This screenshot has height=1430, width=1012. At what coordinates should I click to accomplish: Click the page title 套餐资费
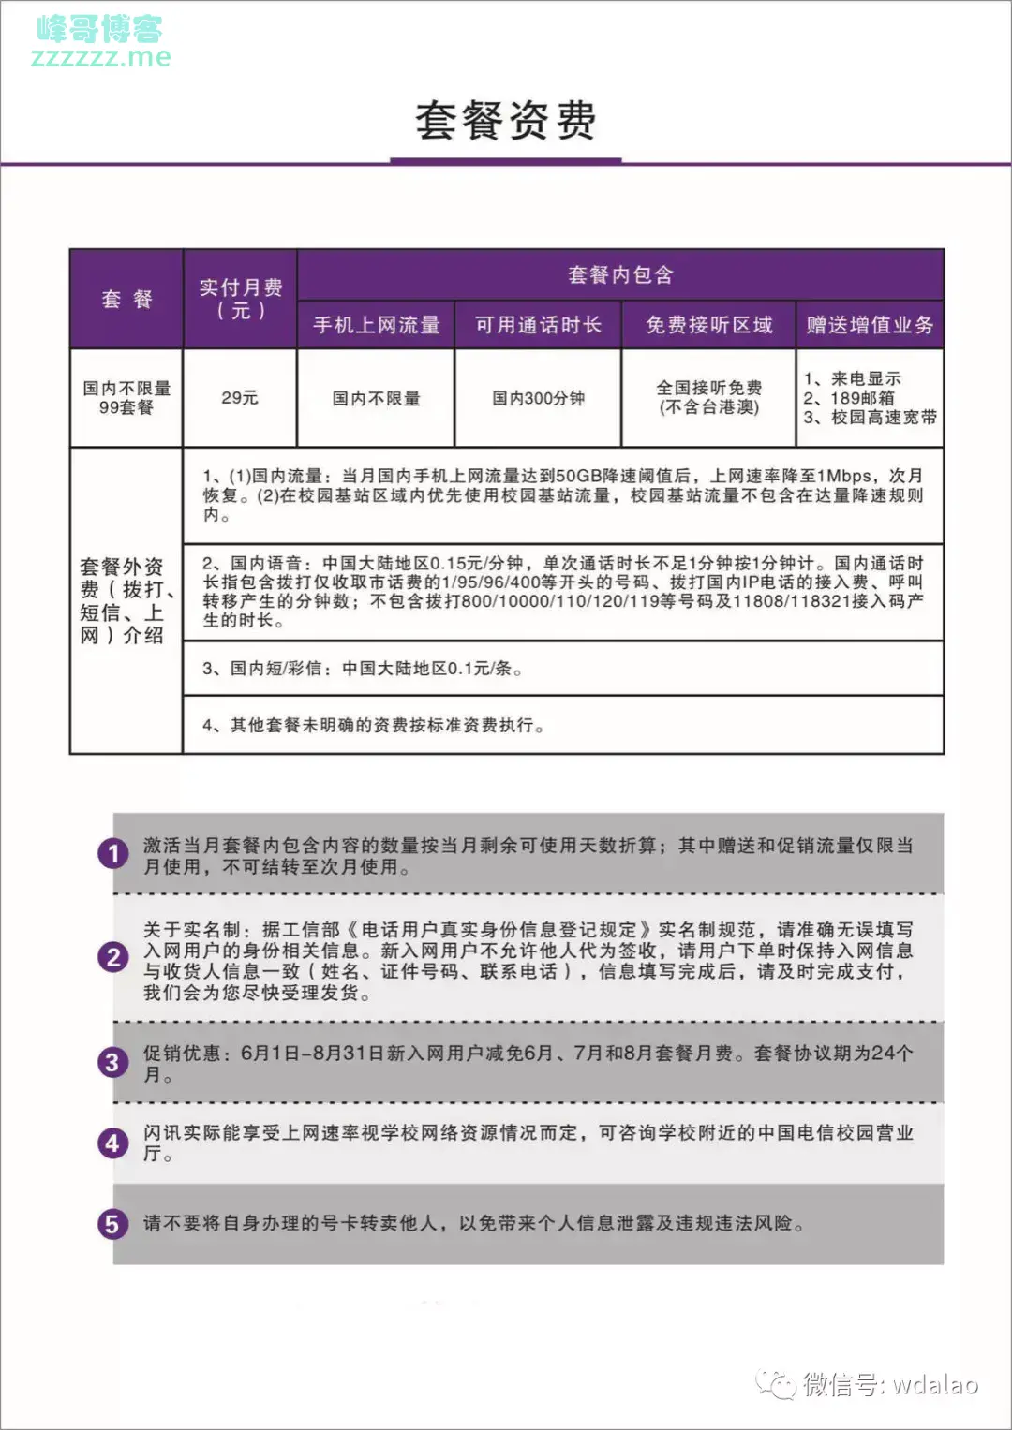tap(505, 121)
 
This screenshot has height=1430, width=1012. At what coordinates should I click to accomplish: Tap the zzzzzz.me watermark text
tap(101, 57)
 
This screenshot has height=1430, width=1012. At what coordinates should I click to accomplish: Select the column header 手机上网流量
tap(376, 325)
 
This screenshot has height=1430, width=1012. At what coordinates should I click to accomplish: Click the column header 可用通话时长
tap(538, 325)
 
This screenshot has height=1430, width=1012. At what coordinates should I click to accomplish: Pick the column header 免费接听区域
tap(708, 325)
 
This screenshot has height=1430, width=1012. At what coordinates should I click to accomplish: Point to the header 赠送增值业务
tap(870, 325)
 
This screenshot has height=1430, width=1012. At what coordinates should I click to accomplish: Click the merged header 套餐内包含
tap(620, 274)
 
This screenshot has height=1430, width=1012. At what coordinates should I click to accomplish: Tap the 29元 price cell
tap(240, 398)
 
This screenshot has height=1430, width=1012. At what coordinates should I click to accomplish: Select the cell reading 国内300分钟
tap(538, 398)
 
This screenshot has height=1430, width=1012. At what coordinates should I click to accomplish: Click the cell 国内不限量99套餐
tap(126, 398)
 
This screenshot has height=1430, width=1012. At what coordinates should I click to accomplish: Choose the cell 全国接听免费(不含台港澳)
tap(708, 397)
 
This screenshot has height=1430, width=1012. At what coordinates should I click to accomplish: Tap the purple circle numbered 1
tap(113, 854)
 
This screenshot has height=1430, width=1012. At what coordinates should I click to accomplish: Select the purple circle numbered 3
tap(113, 1063)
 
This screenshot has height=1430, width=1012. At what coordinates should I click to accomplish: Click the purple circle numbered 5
tap(113, 1224)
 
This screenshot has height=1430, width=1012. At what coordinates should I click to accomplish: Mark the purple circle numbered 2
tap(113, 957)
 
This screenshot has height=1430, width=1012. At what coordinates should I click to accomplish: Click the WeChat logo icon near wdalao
tap(777, 1384)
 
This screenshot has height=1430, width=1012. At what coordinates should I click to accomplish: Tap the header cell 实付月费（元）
tap(240, 299)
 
